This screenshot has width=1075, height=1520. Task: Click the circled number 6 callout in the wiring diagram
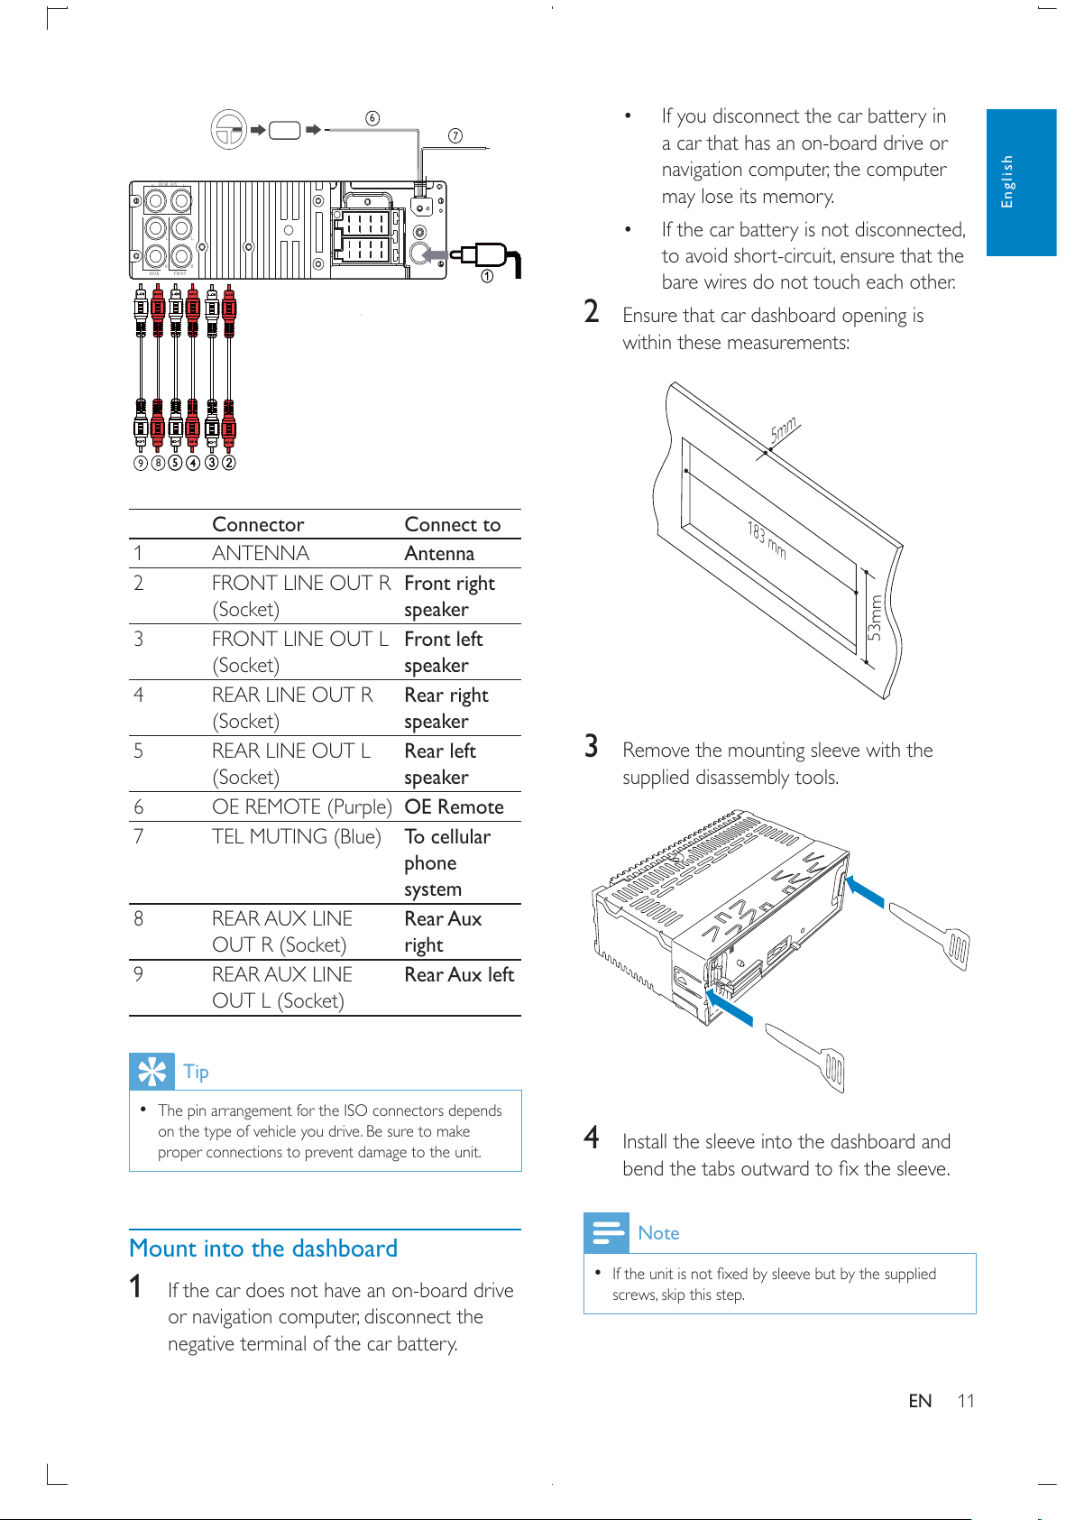click(x=372, y=118)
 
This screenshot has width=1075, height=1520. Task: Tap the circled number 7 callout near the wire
click(x=455, y=135)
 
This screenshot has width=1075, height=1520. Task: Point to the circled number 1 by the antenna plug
click(x=487, y=276)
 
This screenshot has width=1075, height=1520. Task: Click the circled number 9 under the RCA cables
click(x=140, y=463)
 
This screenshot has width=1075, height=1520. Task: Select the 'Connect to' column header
click(x=453, y=524)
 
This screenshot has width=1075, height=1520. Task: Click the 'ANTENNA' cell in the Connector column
click(x=261, y=553)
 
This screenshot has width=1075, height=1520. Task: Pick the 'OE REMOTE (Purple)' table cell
click(x=302, y=806)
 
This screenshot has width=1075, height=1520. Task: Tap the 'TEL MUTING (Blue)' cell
click(x=297, y=837)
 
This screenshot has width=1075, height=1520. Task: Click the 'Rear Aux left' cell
click(x=459, y=974)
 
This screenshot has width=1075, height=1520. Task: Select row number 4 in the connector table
click(x=138, y=695)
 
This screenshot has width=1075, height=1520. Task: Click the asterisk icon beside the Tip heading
click(x=152, y=1072)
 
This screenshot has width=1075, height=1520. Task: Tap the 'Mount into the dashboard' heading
click(x=263, y=1248)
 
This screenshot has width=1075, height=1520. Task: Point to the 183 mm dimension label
click(x=767, y=540)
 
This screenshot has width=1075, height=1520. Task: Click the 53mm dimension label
click(x=875, y=618)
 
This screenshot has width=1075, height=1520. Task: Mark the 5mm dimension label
click(x=783, y=428)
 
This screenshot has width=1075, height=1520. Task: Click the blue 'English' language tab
click(x=1022, y=182)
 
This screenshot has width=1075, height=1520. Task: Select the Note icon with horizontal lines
click(x=606, y=1233)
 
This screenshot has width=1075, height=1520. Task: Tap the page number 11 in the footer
click(x=965, y=1401)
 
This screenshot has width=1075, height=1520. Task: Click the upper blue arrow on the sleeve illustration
click(x=865, y=891)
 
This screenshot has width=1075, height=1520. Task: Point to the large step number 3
click(x=592, y=746)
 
